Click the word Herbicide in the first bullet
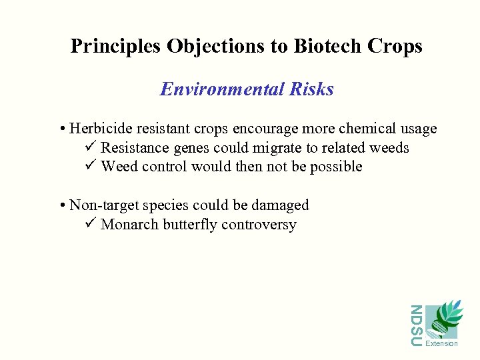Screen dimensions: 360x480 tap(97, 128)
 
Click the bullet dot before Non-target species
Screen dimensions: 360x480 tap(62, 205)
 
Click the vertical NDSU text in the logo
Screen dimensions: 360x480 tap(416, 325)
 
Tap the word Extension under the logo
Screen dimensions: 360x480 tap(441, 343)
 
